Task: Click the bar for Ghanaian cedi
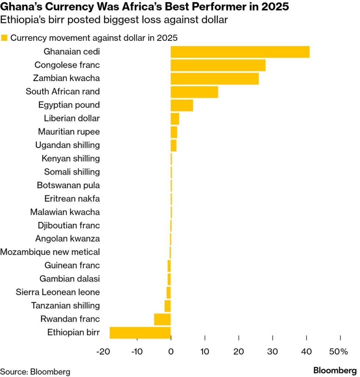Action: click(240, 52)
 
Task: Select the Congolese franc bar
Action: click(218, 65)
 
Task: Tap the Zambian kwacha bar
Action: click(214, 78)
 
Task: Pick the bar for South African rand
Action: click(194, 92)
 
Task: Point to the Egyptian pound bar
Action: click(182, 105)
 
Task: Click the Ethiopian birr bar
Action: click(140, 332)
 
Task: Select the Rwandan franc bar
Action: click(162, 319)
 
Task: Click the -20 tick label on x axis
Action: click(103, 352)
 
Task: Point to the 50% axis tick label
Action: click(339, 352)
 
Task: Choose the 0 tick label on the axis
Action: click(171, 352)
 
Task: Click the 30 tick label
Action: click(272, 352)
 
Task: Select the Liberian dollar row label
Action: click(72, 118)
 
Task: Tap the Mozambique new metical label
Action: click(50, 252)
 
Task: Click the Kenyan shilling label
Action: click(71, 158)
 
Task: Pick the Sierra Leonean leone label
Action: click(58, 292)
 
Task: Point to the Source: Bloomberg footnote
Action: click(35, 371)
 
